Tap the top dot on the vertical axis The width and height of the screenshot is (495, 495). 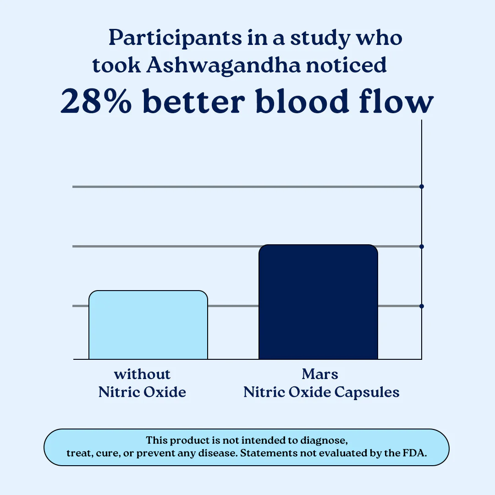[422, 187]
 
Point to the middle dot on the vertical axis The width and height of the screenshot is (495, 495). [422, 247]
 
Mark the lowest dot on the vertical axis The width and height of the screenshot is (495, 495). [422, 306]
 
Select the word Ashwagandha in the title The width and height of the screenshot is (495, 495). [224, 66]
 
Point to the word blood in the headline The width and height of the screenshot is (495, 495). [313, 102]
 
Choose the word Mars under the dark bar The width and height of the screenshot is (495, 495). [320, 374]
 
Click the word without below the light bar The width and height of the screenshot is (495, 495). [142, 374]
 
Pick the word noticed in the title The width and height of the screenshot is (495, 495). [346, 66]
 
